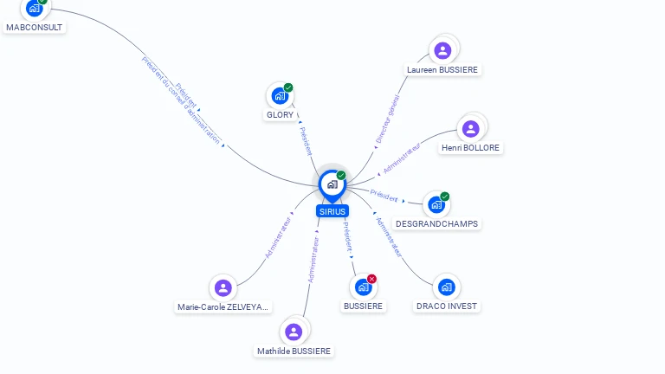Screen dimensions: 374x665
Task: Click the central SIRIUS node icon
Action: pyautogui.click(x=332, y=184)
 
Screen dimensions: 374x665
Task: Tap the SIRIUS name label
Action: pyautogui.click(x=332, y=211)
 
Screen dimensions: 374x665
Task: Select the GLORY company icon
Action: pyautogui.click(x=279, y=95)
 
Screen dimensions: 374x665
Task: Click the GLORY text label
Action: pyautogui.click(x=280, y=115)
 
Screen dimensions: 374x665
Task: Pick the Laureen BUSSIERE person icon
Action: pyautogui.click(x=442, y=50)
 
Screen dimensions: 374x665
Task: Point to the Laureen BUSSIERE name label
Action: pyautogui.click(x=442, y=69)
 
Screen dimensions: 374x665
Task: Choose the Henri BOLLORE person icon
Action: pyautogui.click(x=470, y=129)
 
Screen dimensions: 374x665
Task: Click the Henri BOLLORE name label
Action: pyautogui.click(x=470, y=148)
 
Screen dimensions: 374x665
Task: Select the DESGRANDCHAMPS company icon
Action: pyautogui.click(x=436, y=205)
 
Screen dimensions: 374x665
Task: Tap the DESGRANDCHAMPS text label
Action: pyautogui.click(x=436, y=223)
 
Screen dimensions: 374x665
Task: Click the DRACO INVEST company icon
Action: pyautogui.click(x=446, y=287)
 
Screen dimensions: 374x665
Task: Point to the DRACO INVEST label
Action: pyautogui.click(x=446, y=306)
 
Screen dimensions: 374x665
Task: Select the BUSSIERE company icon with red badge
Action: pyautogui.click(x=363, y=287)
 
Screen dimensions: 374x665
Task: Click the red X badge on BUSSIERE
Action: pyautogui.click(x=372, y=279)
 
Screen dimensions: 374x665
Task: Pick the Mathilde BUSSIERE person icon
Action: pyautogui.click(x=294, y=332)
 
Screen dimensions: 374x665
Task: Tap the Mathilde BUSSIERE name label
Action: pyautogui.click(x=294, y=351)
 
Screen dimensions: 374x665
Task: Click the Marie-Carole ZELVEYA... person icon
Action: pyautogui.click(x=223, y=287)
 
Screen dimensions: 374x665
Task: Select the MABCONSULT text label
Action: pyautogui.click(x=35, y=27)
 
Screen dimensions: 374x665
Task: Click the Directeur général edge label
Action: pyautogui.click(x=389, y=119)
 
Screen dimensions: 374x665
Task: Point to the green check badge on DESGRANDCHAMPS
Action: pyautogui.click(x=445, y=197)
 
